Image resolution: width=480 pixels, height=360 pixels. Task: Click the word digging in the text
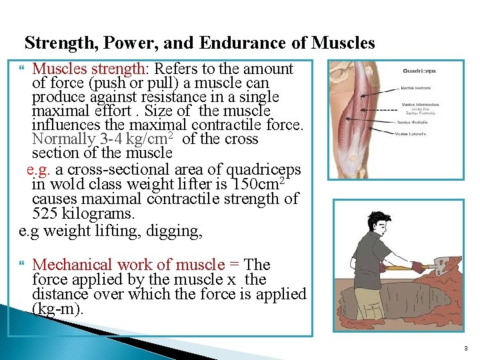tap(179, 231)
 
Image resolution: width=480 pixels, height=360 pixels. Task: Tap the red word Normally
tap(64, 139)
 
